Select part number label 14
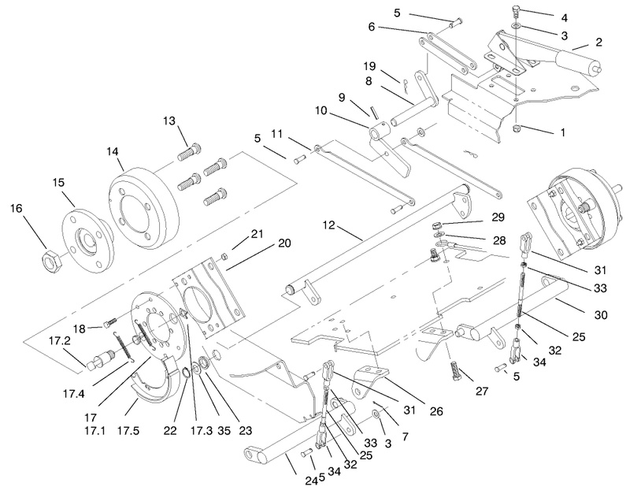113,152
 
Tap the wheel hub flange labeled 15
83,239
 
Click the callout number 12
328,225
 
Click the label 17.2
60,341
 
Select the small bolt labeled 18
110,322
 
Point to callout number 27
482,391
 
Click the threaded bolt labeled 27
454,372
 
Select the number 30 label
601,314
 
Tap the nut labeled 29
438,225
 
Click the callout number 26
436,410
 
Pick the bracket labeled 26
368,382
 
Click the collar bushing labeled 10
380,132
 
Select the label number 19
369,65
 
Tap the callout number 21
257,233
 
